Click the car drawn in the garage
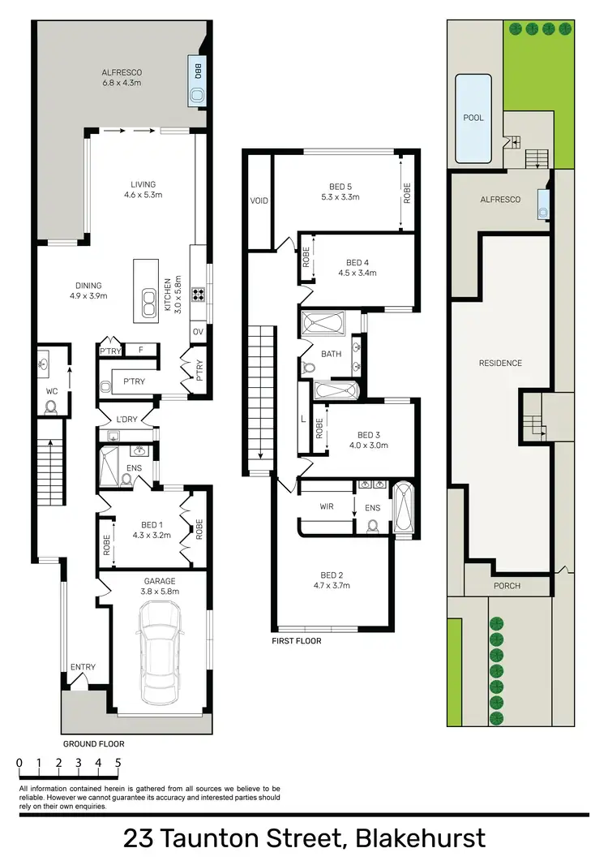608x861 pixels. pos(159,655)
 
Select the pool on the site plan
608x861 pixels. pos(473,118)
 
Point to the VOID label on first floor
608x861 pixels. pos(259,200)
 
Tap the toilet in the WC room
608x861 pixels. pos(51,406)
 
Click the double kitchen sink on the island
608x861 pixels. pos(148,303)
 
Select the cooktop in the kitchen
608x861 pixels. pos(197,295)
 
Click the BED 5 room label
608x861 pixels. pos(340,191)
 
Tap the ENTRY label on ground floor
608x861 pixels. pos(83,667)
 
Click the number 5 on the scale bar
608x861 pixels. pos(118,763)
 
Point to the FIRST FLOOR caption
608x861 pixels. pos(297,641)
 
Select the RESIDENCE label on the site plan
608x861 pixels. pos(500,363)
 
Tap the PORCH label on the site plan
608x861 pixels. pos(507,585)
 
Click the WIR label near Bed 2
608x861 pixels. pos(327,506)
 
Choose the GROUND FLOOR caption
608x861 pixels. pos(94,743)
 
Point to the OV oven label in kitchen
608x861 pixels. pos(198,331)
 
